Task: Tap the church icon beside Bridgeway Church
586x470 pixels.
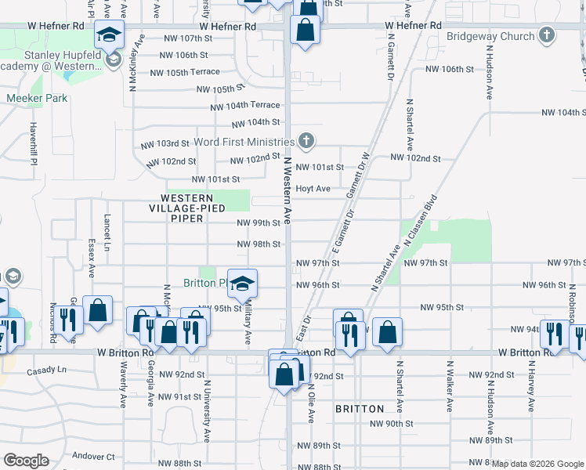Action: (547, 35)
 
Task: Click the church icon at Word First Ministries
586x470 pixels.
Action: (306, 141)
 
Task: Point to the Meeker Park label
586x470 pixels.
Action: (37, 99)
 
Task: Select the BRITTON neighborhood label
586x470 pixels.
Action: (359, 409)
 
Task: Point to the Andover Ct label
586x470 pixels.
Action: (93, 457)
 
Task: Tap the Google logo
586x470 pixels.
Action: (26, 460)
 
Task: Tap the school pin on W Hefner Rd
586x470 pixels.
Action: (109, 34)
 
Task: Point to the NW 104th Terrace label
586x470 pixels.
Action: (244, 106)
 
